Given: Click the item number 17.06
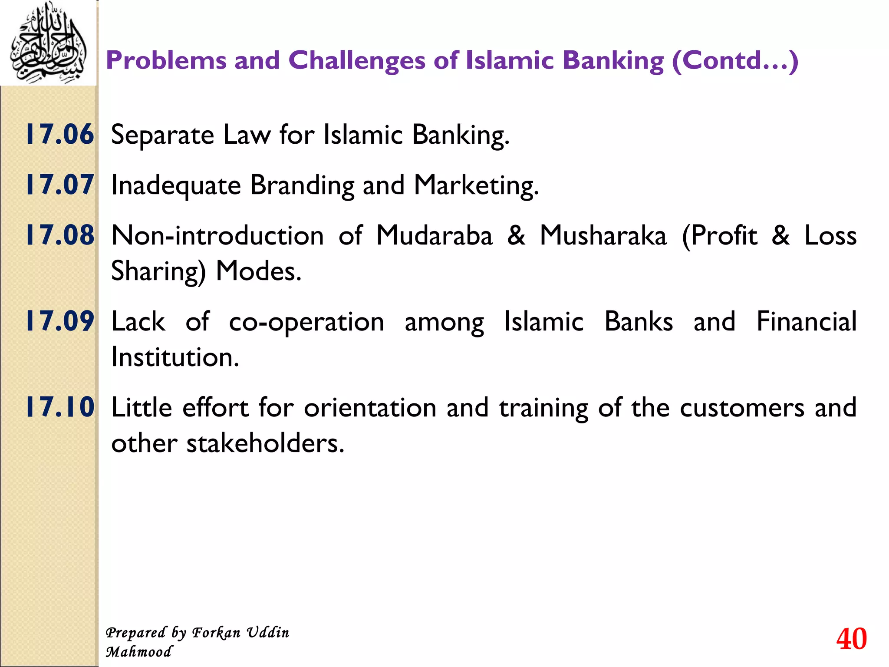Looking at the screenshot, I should (x=60, y=134).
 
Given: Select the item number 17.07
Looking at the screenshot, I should (x=60, y=185).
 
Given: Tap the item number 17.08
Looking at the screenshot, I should (x=60, y=235).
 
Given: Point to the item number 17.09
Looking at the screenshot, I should (x=60, y=321).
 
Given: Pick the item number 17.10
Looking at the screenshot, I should (x=60, y=407).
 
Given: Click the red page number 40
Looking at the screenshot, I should (x=851, y=639).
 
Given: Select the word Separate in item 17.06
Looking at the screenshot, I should (x=162, y=135).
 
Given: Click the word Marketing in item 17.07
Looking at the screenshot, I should (x=476, y=185).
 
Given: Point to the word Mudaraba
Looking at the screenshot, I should (x=434, y=235).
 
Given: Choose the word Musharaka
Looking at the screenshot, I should (x=603, y=235).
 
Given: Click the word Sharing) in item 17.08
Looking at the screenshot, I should (x=158, y=272).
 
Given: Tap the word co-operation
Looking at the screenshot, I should (x=306, y=322).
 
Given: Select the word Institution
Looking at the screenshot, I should (x=175, y=357).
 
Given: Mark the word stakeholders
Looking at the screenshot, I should (x=265, y=443).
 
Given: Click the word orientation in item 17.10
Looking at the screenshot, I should (x=370, y=408).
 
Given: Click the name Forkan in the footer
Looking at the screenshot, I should (x=216, y=633).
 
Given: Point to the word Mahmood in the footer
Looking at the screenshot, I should (x=139, y=652).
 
